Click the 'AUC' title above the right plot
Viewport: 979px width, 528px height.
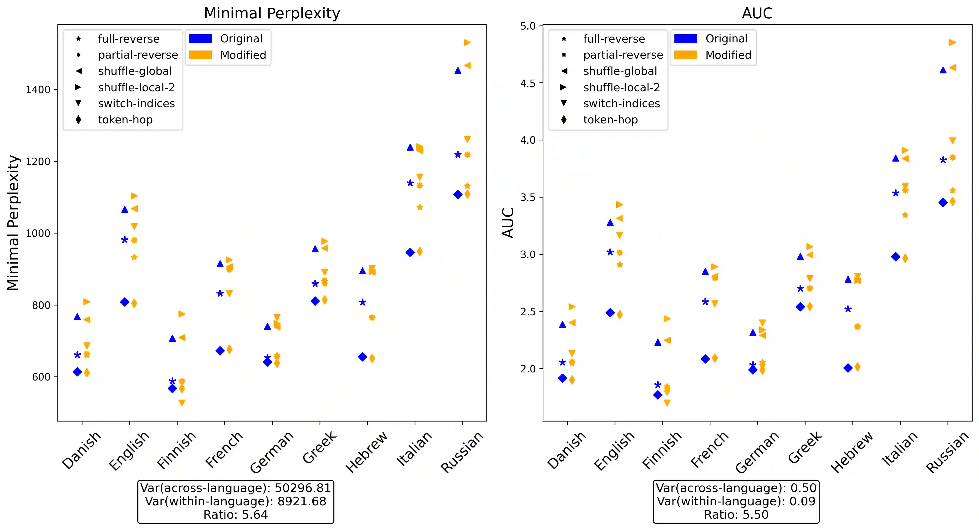pos(757,13)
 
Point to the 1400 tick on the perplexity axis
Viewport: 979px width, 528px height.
pos(38,90)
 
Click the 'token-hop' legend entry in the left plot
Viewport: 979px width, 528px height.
pos(125,120)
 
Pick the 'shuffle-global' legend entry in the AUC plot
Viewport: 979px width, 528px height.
pos(620,71)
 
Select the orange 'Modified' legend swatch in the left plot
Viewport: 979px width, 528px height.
pos(200,55)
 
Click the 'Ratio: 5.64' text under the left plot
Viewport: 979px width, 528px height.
pos(236,515)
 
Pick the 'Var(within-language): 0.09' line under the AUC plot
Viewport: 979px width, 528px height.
pos(736,501)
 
